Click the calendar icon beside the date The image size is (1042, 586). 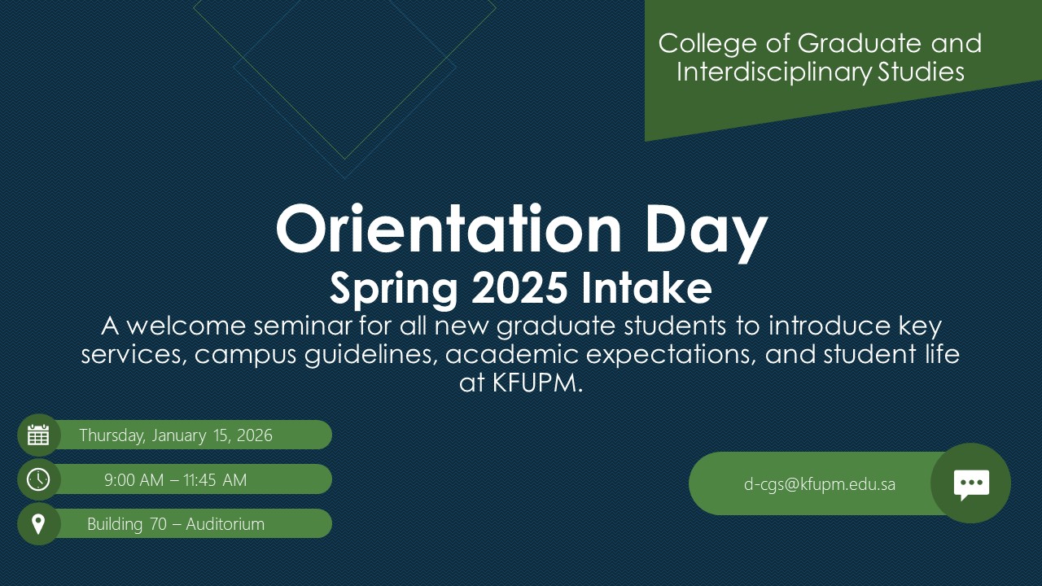tap(38, 435)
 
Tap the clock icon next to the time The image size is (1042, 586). tap(38, 479)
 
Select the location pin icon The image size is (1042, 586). tap(38, 524)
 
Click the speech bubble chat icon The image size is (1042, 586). tap(971, 484)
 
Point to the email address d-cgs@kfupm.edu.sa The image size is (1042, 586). tap(819, 484)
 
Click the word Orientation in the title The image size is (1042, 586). tap(449, 229)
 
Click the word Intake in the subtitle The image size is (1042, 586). tap(646, 287)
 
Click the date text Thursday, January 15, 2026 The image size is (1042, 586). tap(176, 435)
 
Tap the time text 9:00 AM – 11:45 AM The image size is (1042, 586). tap(175, 479)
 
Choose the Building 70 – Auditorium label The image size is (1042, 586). tap(176, 523)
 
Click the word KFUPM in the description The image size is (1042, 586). tap(535, 383)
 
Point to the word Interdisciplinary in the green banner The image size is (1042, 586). tap(773, 72)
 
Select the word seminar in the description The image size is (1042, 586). tap(302, 326)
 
